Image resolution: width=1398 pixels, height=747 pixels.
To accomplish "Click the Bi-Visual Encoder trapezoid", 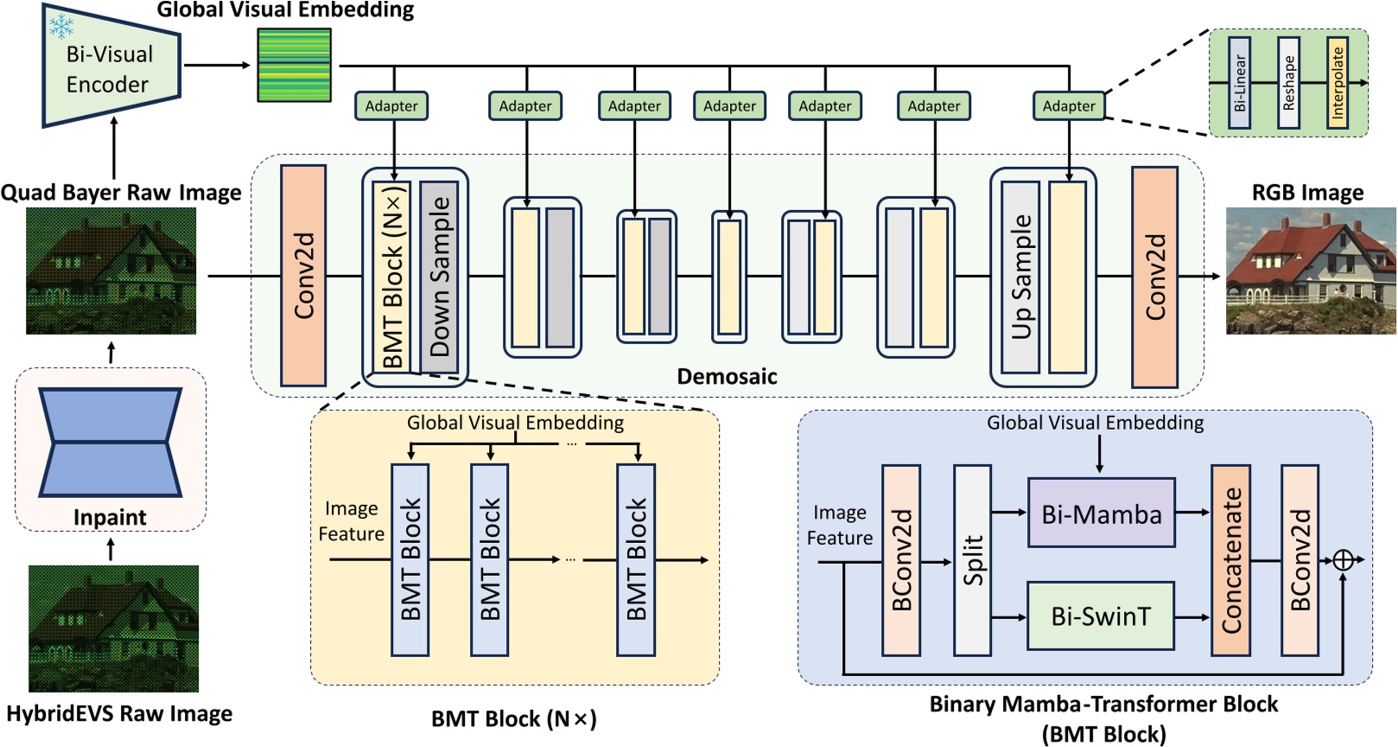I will click(111, 67).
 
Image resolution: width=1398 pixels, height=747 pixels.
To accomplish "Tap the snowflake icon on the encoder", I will click(61, 26).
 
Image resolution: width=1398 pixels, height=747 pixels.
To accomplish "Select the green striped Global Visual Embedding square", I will click(294, 65).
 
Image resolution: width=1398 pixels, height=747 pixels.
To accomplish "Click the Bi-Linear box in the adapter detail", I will click(1239, 83).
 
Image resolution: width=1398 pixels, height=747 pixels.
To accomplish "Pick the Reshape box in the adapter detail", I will click(1288, 83).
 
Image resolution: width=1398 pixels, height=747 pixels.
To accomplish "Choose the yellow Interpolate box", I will click(1337, 83).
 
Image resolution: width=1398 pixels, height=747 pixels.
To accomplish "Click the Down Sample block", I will click(439, 277).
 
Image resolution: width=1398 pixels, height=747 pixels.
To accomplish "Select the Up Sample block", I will click(1020, 277).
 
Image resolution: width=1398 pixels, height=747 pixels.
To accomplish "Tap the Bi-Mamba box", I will click(1101, 513).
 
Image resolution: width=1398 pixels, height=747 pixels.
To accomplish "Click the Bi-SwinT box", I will click(1100, 616).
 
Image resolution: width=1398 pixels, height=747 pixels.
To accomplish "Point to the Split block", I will click(972, 560).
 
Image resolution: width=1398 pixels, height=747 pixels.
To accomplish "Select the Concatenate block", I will click(1230, 560).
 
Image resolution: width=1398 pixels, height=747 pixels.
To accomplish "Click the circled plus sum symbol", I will click(1343, 560).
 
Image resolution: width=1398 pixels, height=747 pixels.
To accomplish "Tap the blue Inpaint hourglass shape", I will click(111, 442).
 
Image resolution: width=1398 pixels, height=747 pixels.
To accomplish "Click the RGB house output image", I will click(1311, 271).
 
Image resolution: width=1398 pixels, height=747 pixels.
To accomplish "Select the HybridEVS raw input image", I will click(113, 629).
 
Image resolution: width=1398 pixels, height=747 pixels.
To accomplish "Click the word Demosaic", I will click(727, 376).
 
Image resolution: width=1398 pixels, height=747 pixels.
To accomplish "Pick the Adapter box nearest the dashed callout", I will click(1068, 106).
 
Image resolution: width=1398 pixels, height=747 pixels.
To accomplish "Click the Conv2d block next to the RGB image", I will click(1154, 277).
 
